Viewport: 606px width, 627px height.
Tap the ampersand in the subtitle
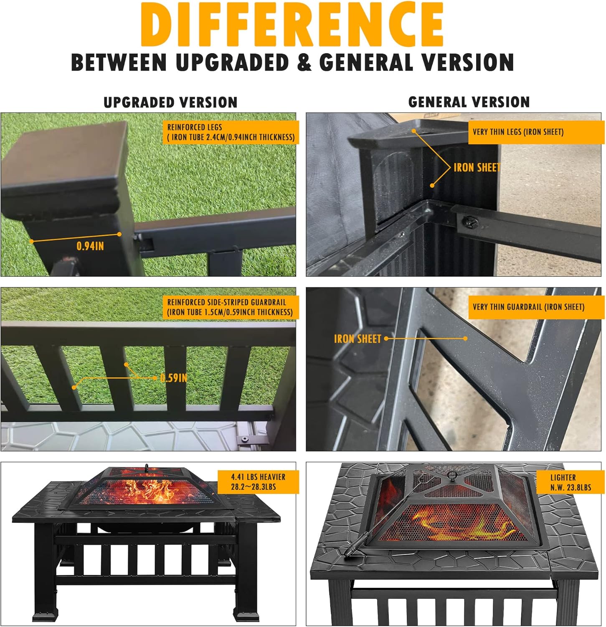304,62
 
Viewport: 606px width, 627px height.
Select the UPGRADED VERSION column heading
170,102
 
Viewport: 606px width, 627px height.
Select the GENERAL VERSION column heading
469,102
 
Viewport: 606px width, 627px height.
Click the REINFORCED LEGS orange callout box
231,132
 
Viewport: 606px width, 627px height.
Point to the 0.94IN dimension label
90,246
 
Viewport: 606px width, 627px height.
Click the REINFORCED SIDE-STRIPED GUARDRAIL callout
230,307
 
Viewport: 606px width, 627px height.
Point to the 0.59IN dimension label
174,378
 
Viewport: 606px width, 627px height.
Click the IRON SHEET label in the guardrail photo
358,339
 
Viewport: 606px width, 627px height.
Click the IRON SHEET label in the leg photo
477,168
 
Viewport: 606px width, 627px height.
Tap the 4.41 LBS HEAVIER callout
258,482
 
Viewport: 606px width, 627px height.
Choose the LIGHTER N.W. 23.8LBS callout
570,482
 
